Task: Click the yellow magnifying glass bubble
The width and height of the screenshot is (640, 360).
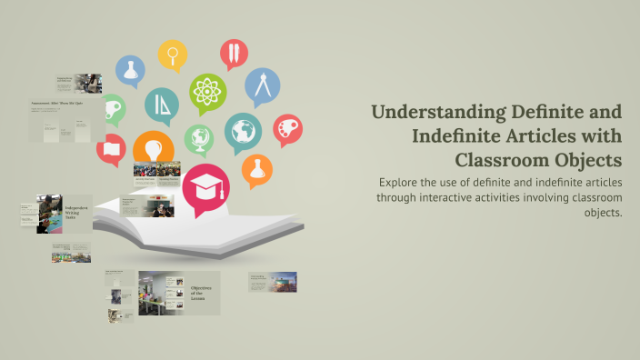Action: pyautogui.click(x=171, y=55)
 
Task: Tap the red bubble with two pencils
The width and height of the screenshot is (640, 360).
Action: pyautogui.click(x=234, y=55)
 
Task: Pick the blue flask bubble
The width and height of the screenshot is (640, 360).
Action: pyautogui.click(x=132, y=70)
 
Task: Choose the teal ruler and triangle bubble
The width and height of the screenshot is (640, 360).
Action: pyautogui.click(x=162, y=106)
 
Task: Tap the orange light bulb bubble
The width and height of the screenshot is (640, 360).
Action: pyautogui.click(x=153, y=148)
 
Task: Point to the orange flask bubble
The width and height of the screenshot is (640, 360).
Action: pyautogui.click(x=257, y=169)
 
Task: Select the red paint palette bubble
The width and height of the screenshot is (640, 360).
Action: pyautogui.click(x=287, y=128)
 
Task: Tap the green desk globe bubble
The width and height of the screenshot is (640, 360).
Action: pyautogui.click(x=198, y=139)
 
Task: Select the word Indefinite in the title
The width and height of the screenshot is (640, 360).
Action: pyautogui.click(x=461, y=136)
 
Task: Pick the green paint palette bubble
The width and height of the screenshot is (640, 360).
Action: pyautogui.click(x=113, y=108)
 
